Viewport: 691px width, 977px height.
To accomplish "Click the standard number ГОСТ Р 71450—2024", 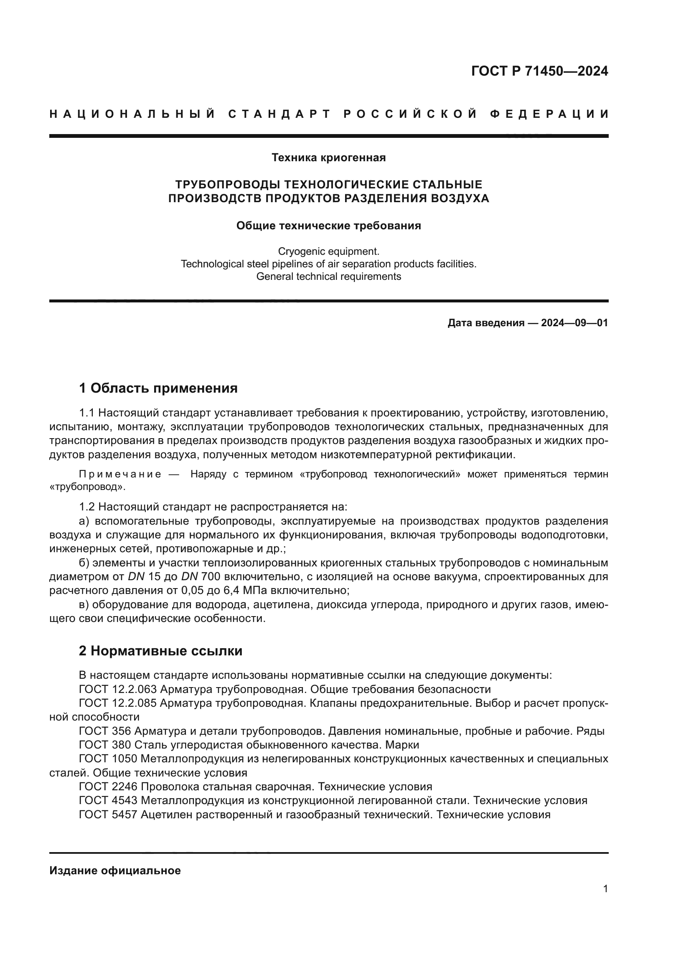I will click(539, 71).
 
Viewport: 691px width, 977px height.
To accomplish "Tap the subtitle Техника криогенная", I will click(328, 158).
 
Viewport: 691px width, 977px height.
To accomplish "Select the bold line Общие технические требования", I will click(328, 226).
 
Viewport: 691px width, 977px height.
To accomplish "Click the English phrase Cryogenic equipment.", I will click(328, 251).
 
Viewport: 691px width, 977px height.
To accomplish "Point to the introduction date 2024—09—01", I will click(574, 323).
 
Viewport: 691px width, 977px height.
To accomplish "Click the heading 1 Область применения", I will click(158, 388).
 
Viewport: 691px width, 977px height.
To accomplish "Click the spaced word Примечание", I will click(120, 475).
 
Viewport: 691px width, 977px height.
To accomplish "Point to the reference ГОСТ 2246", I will click(108, 787).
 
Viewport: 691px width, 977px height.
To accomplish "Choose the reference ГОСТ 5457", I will click(108, 815).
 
